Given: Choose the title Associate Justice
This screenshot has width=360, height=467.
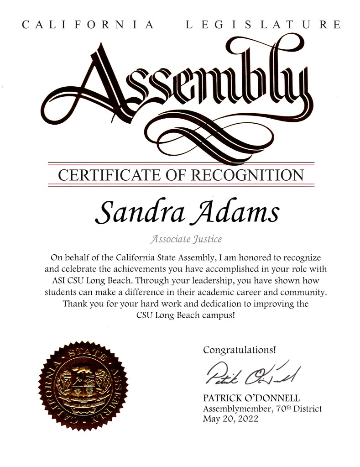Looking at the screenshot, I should (x=180, y=238).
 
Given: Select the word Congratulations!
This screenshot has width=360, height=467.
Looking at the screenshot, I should (x=240, y=350).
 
